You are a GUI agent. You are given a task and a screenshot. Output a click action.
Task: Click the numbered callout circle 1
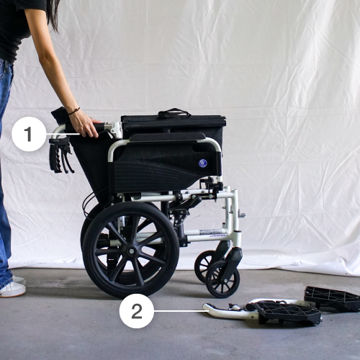pos(29,134)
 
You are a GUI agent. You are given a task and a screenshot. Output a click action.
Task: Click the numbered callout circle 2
pos(137,311)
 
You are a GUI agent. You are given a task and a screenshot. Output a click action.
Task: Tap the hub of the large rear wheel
pos(131,251)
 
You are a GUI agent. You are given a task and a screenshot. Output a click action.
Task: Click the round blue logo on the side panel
pos(202,163)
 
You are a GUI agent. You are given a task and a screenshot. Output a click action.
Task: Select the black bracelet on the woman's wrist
pos(74,111)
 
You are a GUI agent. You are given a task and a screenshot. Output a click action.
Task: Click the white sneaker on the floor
pos(12,287)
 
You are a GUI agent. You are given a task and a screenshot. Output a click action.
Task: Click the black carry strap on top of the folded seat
pos(174,113)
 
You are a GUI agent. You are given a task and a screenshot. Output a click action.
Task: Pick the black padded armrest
pos(168,137)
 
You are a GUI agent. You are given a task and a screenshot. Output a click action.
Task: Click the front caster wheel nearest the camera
pos(222,279)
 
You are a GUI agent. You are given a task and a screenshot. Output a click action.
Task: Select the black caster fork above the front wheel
pos(233,262)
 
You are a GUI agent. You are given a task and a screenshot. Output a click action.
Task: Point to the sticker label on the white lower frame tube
pos(211,232)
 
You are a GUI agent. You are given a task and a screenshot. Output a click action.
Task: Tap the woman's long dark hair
pos(53,13)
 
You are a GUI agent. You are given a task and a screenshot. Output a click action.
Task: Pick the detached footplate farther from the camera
pos(333,298)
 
